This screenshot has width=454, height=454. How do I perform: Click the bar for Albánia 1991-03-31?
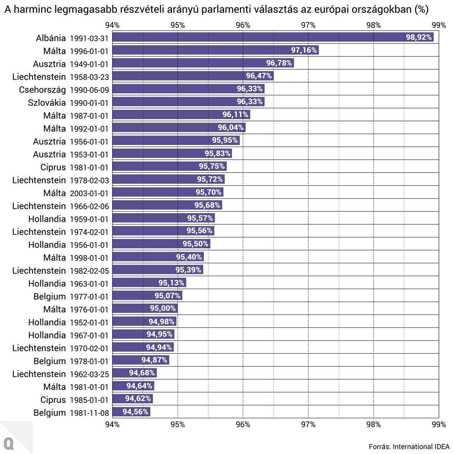pos(258,37)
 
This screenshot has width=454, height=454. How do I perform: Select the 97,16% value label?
pos(304,50)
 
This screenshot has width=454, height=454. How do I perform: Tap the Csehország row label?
pos(42,90)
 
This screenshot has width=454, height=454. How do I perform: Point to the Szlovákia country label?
pos(47,103)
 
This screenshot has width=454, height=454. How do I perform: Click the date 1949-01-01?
pos(89,64)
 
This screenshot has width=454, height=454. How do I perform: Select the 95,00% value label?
pos(162,309)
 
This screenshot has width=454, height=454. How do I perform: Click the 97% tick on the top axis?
pos(308,25)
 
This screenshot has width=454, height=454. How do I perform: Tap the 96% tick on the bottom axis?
pos(243,424)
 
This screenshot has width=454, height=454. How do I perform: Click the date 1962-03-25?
pos(89,374)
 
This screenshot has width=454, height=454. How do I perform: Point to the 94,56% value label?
pos(135,412)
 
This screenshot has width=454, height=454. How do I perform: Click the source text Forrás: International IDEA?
pos(409,447)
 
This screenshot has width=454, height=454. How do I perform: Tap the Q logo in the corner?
pos(9,443)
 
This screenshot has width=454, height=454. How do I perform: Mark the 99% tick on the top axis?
pos(438,25)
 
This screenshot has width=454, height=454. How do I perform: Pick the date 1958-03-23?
pos(89,77)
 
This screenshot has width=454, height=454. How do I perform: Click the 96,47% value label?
pos(259,76)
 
